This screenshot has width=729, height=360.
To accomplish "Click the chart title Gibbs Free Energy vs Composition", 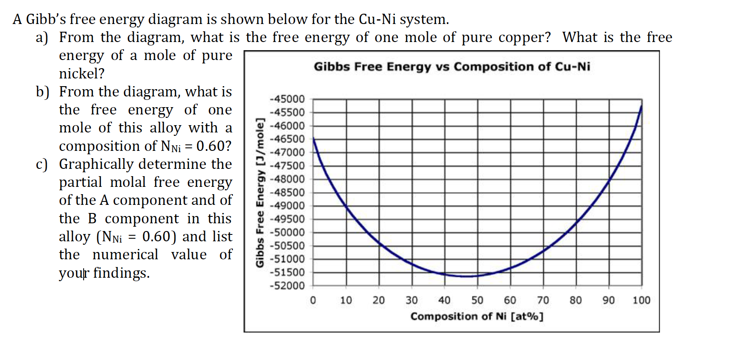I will click(452, 67).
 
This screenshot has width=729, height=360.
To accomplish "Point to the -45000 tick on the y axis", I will click(287, 99).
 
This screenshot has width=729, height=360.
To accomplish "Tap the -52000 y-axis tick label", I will click(287, 286).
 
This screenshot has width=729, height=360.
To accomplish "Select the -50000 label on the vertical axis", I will click(287, 232).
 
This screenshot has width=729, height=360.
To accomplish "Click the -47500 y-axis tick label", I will click(287, 166).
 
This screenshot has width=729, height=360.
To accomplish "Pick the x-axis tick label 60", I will click(510, 300).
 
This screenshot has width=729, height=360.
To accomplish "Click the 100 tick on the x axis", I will click(641, 300).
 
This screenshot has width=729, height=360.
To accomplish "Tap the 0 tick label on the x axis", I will click(313, 300).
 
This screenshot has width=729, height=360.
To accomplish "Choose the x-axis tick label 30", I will click(412, 300).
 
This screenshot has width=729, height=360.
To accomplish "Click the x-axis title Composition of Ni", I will click(476, 317).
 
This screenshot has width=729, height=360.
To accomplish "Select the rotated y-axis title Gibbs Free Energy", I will click(259, 192).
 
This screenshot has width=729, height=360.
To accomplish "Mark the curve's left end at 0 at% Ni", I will click(313, 138).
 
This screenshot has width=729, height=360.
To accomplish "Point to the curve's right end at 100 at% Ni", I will click(642, 105).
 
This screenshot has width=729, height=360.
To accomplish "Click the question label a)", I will click(42, 38).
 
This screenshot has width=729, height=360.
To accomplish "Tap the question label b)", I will click(42, 92).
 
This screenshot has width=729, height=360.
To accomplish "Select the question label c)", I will click(42, 165).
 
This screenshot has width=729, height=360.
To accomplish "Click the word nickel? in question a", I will click(81, 74).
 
